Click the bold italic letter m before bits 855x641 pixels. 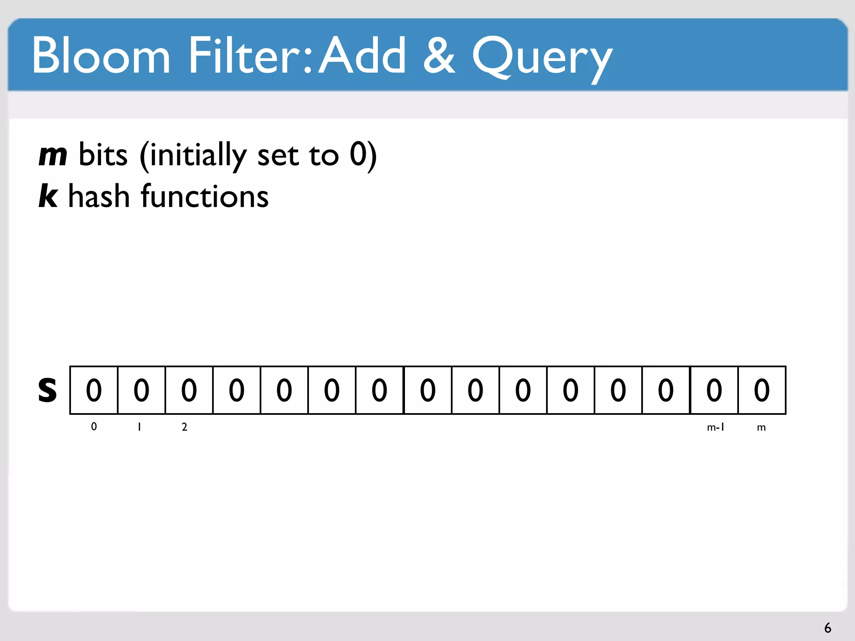[53, 155]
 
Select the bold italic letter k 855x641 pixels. [48, 196]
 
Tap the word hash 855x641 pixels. [99, 196]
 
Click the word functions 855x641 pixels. [205, 196]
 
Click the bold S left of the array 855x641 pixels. [47, 390]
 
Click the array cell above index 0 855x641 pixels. [94, 390]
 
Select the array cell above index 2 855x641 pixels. [189, 390]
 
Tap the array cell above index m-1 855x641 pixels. [714, 390]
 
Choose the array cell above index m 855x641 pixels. [761, 390]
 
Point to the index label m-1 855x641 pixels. [715, 427]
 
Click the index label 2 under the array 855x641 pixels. [184, 427]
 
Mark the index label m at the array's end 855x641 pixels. [761, 427]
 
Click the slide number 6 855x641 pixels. [827, 628]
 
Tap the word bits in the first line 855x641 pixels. [103, 155]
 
